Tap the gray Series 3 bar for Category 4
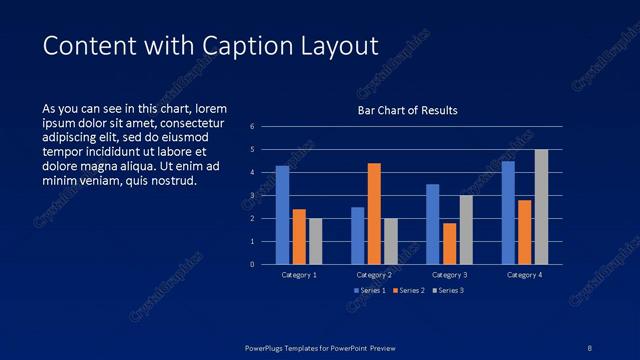tap(541, 207)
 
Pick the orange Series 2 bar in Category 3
tap(449, 243)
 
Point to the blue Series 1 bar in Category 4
tap(508, 212)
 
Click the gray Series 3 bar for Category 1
tap(316, 241)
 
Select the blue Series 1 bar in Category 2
tap(358, 235)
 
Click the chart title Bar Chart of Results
tap(408, 110)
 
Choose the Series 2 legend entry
tap(408, 290)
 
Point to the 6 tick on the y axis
tap(253, 127)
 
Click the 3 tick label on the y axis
tap(253, 196)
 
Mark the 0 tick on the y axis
tap(253, 265)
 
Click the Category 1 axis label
tap(299, 274)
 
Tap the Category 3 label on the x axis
tap(449, 274)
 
